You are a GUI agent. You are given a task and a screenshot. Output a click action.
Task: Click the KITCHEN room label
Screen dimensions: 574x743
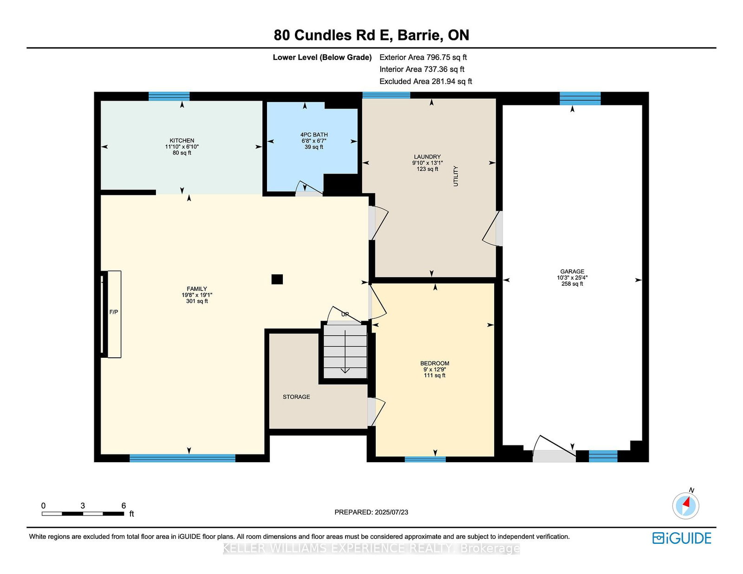pyautogui.click(x=182, y=141)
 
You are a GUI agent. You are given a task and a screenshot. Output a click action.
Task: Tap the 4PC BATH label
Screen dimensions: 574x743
pyautogui.click(x=314, y=135)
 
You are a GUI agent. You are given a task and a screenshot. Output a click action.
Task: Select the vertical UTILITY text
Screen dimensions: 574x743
pyautogui.click(x=456, y=176)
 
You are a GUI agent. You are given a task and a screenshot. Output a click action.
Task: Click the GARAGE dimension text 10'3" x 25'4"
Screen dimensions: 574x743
pyautogui.click(x=572, y=277)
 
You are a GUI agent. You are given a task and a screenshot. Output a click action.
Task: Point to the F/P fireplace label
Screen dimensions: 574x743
pyautogui.click(x=114, y=312)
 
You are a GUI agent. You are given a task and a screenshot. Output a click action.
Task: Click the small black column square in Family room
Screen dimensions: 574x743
pyautogui.click(x=277, y=279)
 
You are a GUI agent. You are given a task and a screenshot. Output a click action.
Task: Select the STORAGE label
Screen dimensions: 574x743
pyautogui.click(x=296, y=397)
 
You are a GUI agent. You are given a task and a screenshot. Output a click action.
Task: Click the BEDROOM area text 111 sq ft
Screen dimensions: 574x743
pyautogui.click(x=435, y=375)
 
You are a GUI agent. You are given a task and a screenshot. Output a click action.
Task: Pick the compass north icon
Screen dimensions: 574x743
pyautogui.click(x=685, y=505)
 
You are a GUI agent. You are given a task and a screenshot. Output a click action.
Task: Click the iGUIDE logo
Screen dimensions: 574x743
pyautogui.click(x=682, y=538)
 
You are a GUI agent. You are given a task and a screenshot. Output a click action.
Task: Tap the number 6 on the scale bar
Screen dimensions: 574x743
pyautogui.click(x=124, y=506)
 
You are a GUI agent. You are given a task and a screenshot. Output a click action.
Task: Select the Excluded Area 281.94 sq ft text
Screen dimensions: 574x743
pyautogui.click(x=426, y=82)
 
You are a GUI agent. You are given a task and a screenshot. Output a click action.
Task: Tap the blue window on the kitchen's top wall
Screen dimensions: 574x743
pyautogui.click(x=169, y=96)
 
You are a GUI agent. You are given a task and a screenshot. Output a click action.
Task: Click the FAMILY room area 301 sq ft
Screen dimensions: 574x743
pyautogui.click(x=197, y=301)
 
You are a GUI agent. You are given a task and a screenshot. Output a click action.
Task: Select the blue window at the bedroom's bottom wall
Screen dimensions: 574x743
pyautogui.click(x=425, y=459)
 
